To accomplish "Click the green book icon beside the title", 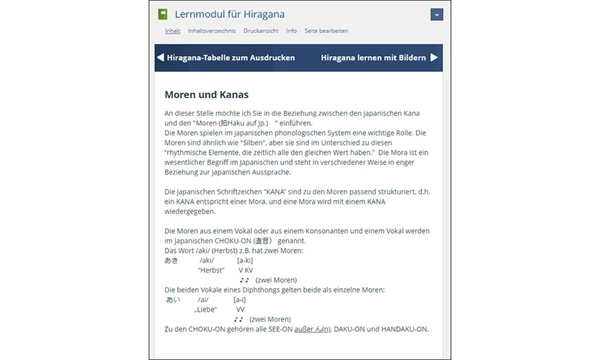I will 163,14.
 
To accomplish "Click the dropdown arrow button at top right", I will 436,14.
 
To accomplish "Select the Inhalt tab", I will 172,31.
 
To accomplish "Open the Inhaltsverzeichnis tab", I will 212,31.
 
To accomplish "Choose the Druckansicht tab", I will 261,31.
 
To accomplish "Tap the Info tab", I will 291,31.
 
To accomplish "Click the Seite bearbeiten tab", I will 326,31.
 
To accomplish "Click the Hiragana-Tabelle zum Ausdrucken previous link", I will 231,58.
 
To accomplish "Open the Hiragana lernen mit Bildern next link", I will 373,58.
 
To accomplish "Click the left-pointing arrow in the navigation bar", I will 161,58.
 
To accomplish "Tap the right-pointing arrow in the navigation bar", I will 434,58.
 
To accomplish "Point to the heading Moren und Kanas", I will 207,94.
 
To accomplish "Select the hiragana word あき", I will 171,261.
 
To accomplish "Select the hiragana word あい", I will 173,300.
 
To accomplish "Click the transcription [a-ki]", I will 245,261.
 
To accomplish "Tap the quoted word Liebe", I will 205,309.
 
